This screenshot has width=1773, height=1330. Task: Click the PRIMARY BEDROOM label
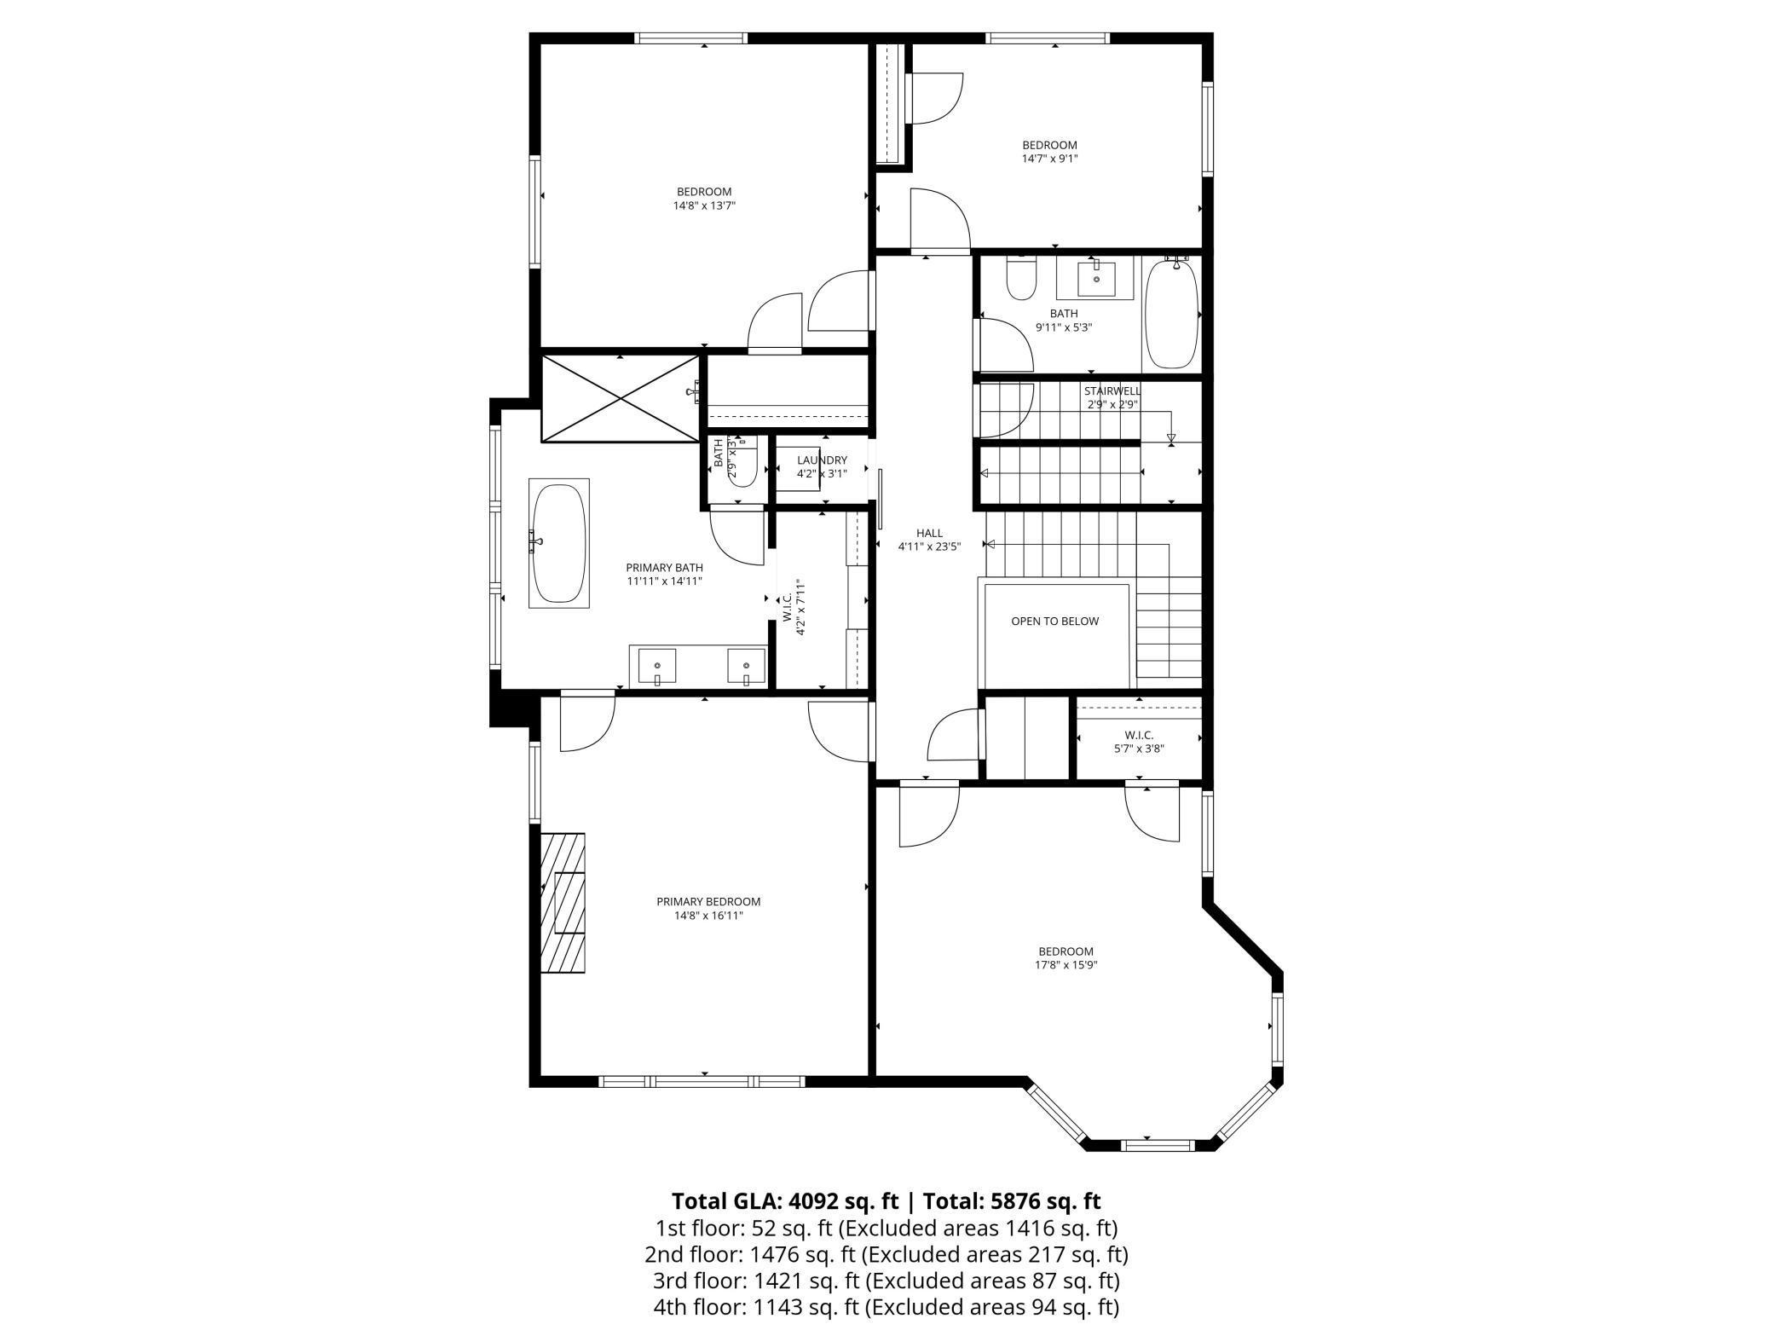[707, 901]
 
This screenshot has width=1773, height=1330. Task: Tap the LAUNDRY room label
[822, 460]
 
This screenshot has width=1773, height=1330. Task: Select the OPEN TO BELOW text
[1054, 621]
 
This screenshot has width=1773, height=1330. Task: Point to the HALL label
[929, 533]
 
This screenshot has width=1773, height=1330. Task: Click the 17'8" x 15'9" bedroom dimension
[1066, 965]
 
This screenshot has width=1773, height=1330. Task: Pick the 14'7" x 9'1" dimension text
[1049, 158]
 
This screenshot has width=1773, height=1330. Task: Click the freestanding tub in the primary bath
[559, 543]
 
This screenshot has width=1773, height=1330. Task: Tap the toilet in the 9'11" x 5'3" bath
[1019, 278]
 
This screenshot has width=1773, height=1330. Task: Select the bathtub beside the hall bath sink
[1171, 314]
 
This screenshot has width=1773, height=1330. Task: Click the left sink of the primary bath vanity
[657, 665]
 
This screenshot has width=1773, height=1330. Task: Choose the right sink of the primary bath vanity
[746, 665]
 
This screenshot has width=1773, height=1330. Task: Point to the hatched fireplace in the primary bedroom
[563, 901]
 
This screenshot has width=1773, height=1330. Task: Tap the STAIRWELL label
[1112, 391]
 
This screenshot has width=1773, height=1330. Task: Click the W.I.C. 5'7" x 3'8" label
[1139, 742]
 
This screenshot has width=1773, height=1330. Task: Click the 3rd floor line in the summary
[886, 1281]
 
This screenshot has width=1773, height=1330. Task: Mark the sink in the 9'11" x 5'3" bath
[1095, 278]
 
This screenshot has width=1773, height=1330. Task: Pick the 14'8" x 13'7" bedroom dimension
[704, 205]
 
